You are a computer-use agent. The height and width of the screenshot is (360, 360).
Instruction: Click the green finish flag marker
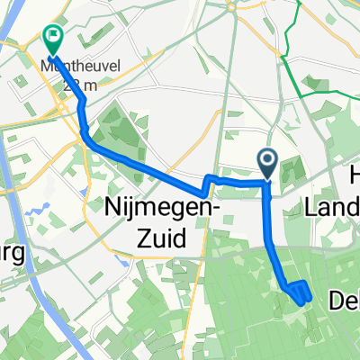[x=53, y=39]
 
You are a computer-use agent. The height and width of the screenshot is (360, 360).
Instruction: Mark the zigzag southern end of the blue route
[x=300, y=293]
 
